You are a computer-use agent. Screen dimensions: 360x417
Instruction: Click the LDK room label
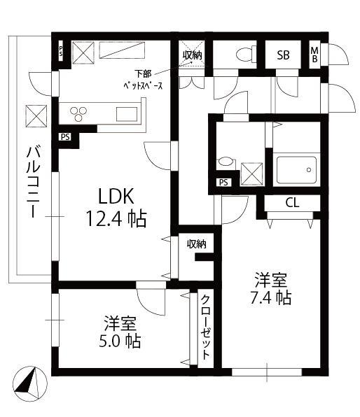pos(116,197)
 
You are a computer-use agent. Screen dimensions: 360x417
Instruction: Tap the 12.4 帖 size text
pos(116,218)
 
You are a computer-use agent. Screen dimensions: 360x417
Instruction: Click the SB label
pos(283,55)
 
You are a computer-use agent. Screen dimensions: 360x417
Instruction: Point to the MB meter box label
pos(314,55)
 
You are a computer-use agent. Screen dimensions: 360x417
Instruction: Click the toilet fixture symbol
pos(246,54)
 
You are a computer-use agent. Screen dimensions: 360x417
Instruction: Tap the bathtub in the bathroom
pos(296,170)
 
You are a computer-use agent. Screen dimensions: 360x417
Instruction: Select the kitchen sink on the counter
pos(127,114)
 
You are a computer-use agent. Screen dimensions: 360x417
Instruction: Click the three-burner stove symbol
pos(78,114)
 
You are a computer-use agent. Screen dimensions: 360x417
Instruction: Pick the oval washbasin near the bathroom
pos(226,162)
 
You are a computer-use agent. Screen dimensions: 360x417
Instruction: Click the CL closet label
pos(292,203)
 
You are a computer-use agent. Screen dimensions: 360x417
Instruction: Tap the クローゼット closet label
pos(205,327)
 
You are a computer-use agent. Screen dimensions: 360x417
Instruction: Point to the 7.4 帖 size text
pos(270,298)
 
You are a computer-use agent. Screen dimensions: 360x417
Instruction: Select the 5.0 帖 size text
pos(120,341)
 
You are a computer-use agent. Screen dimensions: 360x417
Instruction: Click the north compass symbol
pos(30,383)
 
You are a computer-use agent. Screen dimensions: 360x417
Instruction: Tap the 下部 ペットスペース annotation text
pos(143,80)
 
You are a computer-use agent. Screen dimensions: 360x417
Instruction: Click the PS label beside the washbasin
pos(223,183)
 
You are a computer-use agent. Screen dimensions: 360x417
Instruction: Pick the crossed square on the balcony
pos(36,116)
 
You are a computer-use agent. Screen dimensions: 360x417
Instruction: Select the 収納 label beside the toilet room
pos(192,55)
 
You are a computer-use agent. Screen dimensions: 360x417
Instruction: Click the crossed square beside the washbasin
pos(251,174)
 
